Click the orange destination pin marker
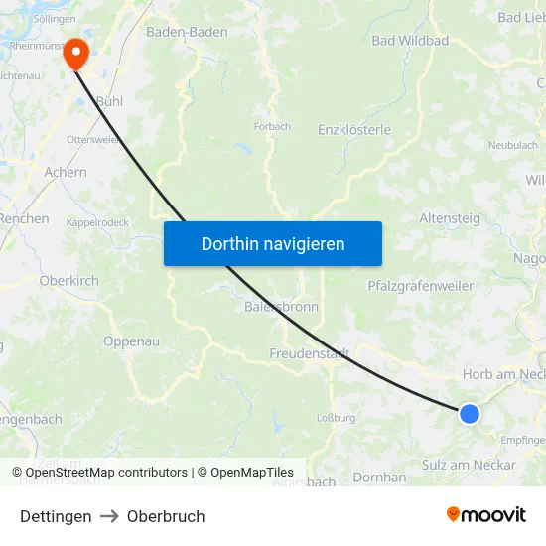(x=75, y=54)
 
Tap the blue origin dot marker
(x=469, y=414)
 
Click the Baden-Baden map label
(x=187, y=32)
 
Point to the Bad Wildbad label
(x=410, y=41)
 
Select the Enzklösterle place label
(x=354, y=130)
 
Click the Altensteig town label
(x=450, y=218)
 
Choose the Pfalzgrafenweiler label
(x=420, y=286)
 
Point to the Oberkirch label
(x=69, y=281)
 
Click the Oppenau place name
(x=131, y=341)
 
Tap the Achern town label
(x=66, y=172)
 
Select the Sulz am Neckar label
(x=469, y=465)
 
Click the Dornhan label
(x=379, y=478)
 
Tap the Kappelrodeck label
(x=97, y=223)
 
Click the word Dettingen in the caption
(x=56, y=516)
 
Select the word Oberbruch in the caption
(x=166, y=516)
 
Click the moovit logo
(x=486, y=514)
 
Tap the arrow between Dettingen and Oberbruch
(x=109, y=516)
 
